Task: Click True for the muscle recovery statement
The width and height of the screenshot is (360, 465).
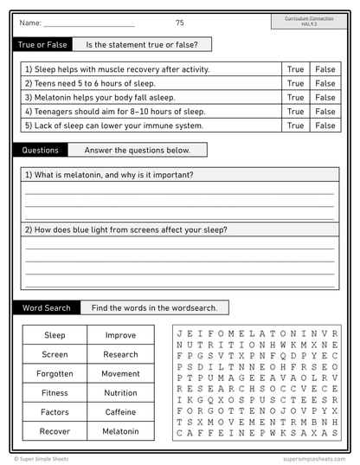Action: tap(295, 69)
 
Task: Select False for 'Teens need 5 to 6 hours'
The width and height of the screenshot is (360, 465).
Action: tap(325, 83)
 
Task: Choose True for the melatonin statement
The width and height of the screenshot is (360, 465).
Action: tap(295, 98)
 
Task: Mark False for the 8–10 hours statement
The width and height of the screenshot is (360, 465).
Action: tap(325, 112)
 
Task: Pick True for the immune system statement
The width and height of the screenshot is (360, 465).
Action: tap(295, 126)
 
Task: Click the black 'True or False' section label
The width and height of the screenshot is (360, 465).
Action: tap(36, 44)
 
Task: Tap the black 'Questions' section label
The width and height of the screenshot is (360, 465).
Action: tap(40, 150)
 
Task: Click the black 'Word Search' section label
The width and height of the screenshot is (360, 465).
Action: tap(45, 307)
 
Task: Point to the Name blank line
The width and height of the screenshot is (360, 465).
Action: tap(88, 23)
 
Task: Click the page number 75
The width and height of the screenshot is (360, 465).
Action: tap(179, 23)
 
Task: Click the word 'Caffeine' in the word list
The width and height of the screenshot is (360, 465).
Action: tap(120, 412)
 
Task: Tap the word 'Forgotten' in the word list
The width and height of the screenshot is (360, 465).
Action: tap(55, 374)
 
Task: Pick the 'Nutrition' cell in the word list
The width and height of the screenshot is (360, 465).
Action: tap(120, 393)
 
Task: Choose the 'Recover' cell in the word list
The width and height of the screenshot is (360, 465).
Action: tap(55, 431)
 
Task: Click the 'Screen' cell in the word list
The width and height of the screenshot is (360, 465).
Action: tap(55, 354)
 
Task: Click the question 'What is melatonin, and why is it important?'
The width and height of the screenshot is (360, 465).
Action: tap(109, 175)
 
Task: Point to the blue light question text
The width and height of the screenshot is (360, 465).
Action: tap(126, 230)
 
